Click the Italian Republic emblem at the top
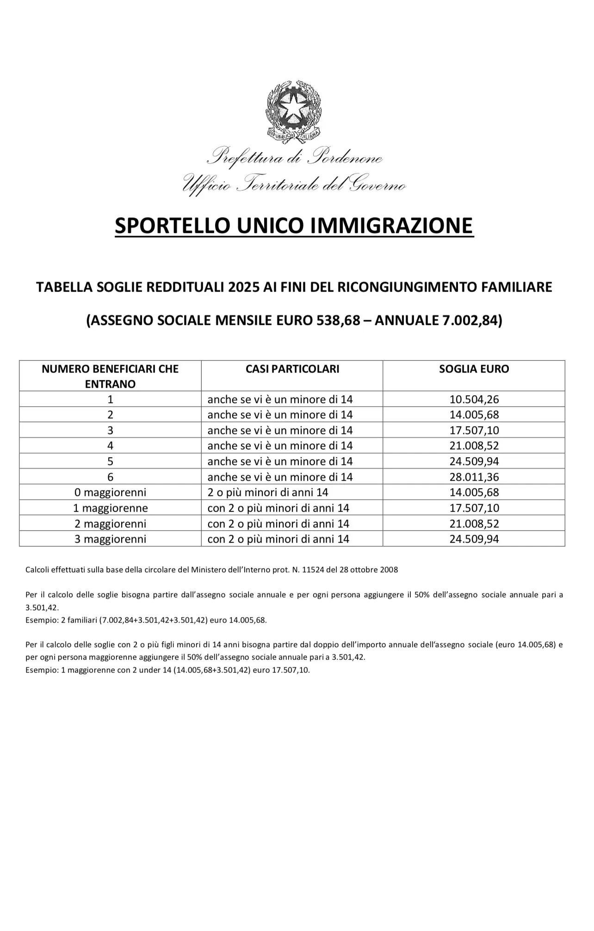pos(294,111)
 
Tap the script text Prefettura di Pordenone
pos(294,158)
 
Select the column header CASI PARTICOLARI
pos(292,369)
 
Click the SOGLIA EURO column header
pos(474,369)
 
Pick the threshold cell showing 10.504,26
pos(474,399)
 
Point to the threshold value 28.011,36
pos(474,477)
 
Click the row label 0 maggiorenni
pos(110,492)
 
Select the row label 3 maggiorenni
pos(110,539)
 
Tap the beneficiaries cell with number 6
pos(110,477)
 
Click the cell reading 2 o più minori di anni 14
pos(268,492)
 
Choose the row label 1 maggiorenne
pos(110,508)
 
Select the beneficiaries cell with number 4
pos(110,446)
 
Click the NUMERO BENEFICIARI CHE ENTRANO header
pos(110,376)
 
